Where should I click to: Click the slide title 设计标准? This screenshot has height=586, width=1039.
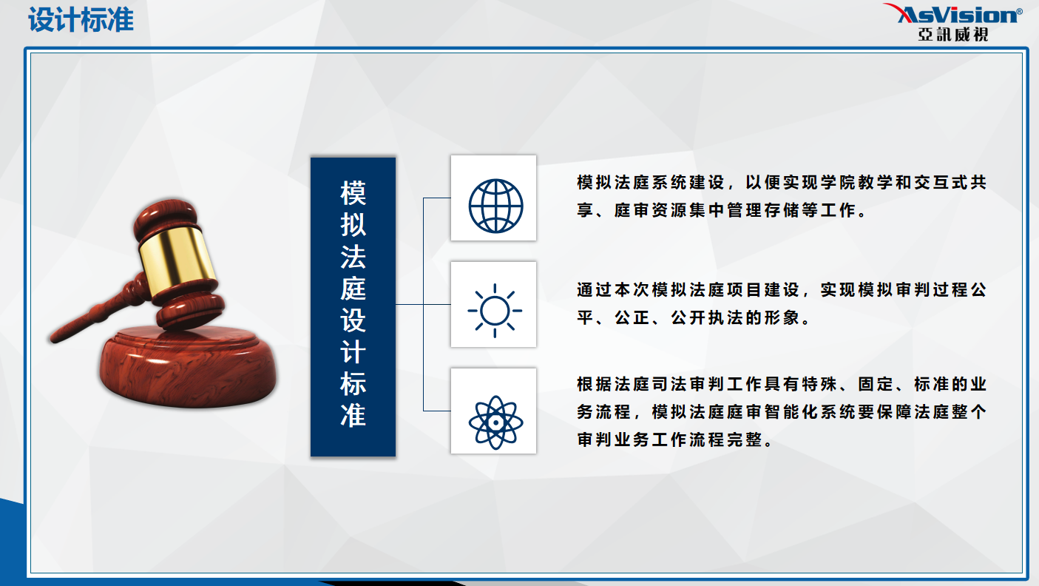pyautogui.click(x=81, y=20)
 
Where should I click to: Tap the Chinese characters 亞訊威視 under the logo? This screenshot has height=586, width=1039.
pyautogui.click(x=953, y=34)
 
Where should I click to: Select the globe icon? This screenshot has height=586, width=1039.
pyautogui.click(x=495, y=206)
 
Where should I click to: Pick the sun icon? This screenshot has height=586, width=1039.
pyautogui.click(x=495, y=311)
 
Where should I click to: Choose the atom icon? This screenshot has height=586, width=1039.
pyautogui.click(x=495, y=422)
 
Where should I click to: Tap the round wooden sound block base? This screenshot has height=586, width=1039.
pyautogui.click(x=188, y=366)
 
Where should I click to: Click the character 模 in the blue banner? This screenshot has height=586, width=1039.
pyautogui.click(x=353, y=193)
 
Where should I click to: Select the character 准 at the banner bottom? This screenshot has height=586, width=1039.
pyautogui.click(x=353, y=415)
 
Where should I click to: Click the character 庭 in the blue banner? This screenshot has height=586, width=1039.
pyautogui.click(x=353, y=289)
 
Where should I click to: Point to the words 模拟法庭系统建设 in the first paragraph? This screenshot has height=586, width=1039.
pyautogui.click(x=651, y=182)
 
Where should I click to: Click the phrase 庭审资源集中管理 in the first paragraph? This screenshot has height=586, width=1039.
pyautogui.click(x=688, y=210)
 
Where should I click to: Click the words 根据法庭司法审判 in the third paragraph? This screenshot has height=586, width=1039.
pyautogui.click(x=651, y=384)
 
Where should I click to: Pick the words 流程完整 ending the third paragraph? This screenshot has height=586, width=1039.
pyautogui.click(x=725, y=439)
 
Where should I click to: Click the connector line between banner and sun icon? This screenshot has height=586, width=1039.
pyautogui.click(x=423, y=304)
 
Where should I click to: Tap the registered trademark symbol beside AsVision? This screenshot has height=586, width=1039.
pyautogui.click(x=1019, y=11)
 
